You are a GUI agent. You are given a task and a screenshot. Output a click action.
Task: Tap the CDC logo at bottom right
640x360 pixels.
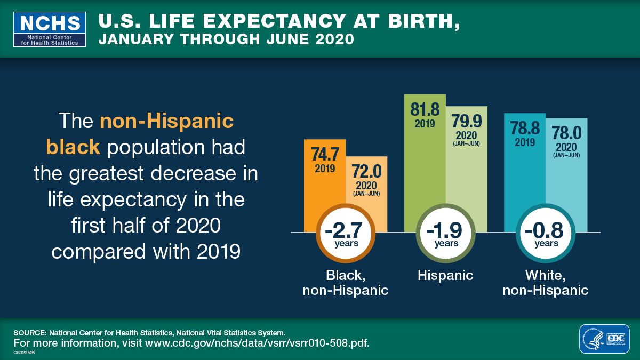pyautogui.click(x=614, y=339)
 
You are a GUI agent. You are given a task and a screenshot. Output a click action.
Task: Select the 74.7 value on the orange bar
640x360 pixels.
pyautogui.click(x=325, y=155)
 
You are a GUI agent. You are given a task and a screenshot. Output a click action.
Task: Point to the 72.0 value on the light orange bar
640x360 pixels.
pyautogui.click(x=366, y=172)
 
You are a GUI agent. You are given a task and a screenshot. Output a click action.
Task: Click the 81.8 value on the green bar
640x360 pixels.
pyautogui.click(x=425, y=110)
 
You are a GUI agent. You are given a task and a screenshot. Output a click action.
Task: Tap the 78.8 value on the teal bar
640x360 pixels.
pyautogui.click(x=525, y=129)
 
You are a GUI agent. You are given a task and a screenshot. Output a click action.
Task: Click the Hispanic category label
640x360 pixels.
pyautogui.click(x=445, y=275)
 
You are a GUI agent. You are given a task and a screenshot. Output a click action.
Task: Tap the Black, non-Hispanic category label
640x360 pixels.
pyautogui.click(x=346, y=283)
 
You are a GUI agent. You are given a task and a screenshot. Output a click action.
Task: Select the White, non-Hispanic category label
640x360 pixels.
pyautogui.click(x=546, y=283)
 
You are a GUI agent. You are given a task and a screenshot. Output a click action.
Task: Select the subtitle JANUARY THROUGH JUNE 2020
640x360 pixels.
pyautogui.click(x=226, y=39)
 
